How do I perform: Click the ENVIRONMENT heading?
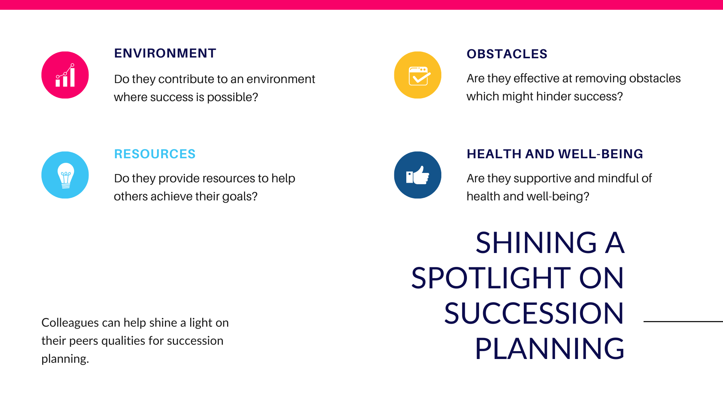point(165,53)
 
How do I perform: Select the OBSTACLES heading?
point(507,54)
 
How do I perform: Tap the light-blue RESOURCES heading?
point(155,154)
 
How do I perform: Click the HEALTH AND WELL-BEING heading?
point(555,154)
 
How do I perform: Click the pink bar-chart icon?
point(65,75)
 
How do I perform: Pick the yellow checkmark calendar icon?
point(418,75)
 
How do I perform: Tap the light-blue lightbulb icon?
point(65,175)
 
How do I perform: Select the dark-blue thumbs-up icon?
point(418,175)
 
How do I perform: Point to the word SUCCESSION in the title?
point(534,313)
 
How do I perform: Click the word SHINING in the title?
point(536,243)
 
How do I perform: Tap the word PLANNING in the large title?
point(550,348)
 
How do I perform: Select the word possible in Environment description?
point(232,97)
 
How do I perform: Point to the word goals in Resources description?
point(239,197)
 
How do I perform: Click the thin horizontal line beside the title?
point(683,321)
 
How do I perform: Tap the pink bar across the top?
point(361,5)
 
